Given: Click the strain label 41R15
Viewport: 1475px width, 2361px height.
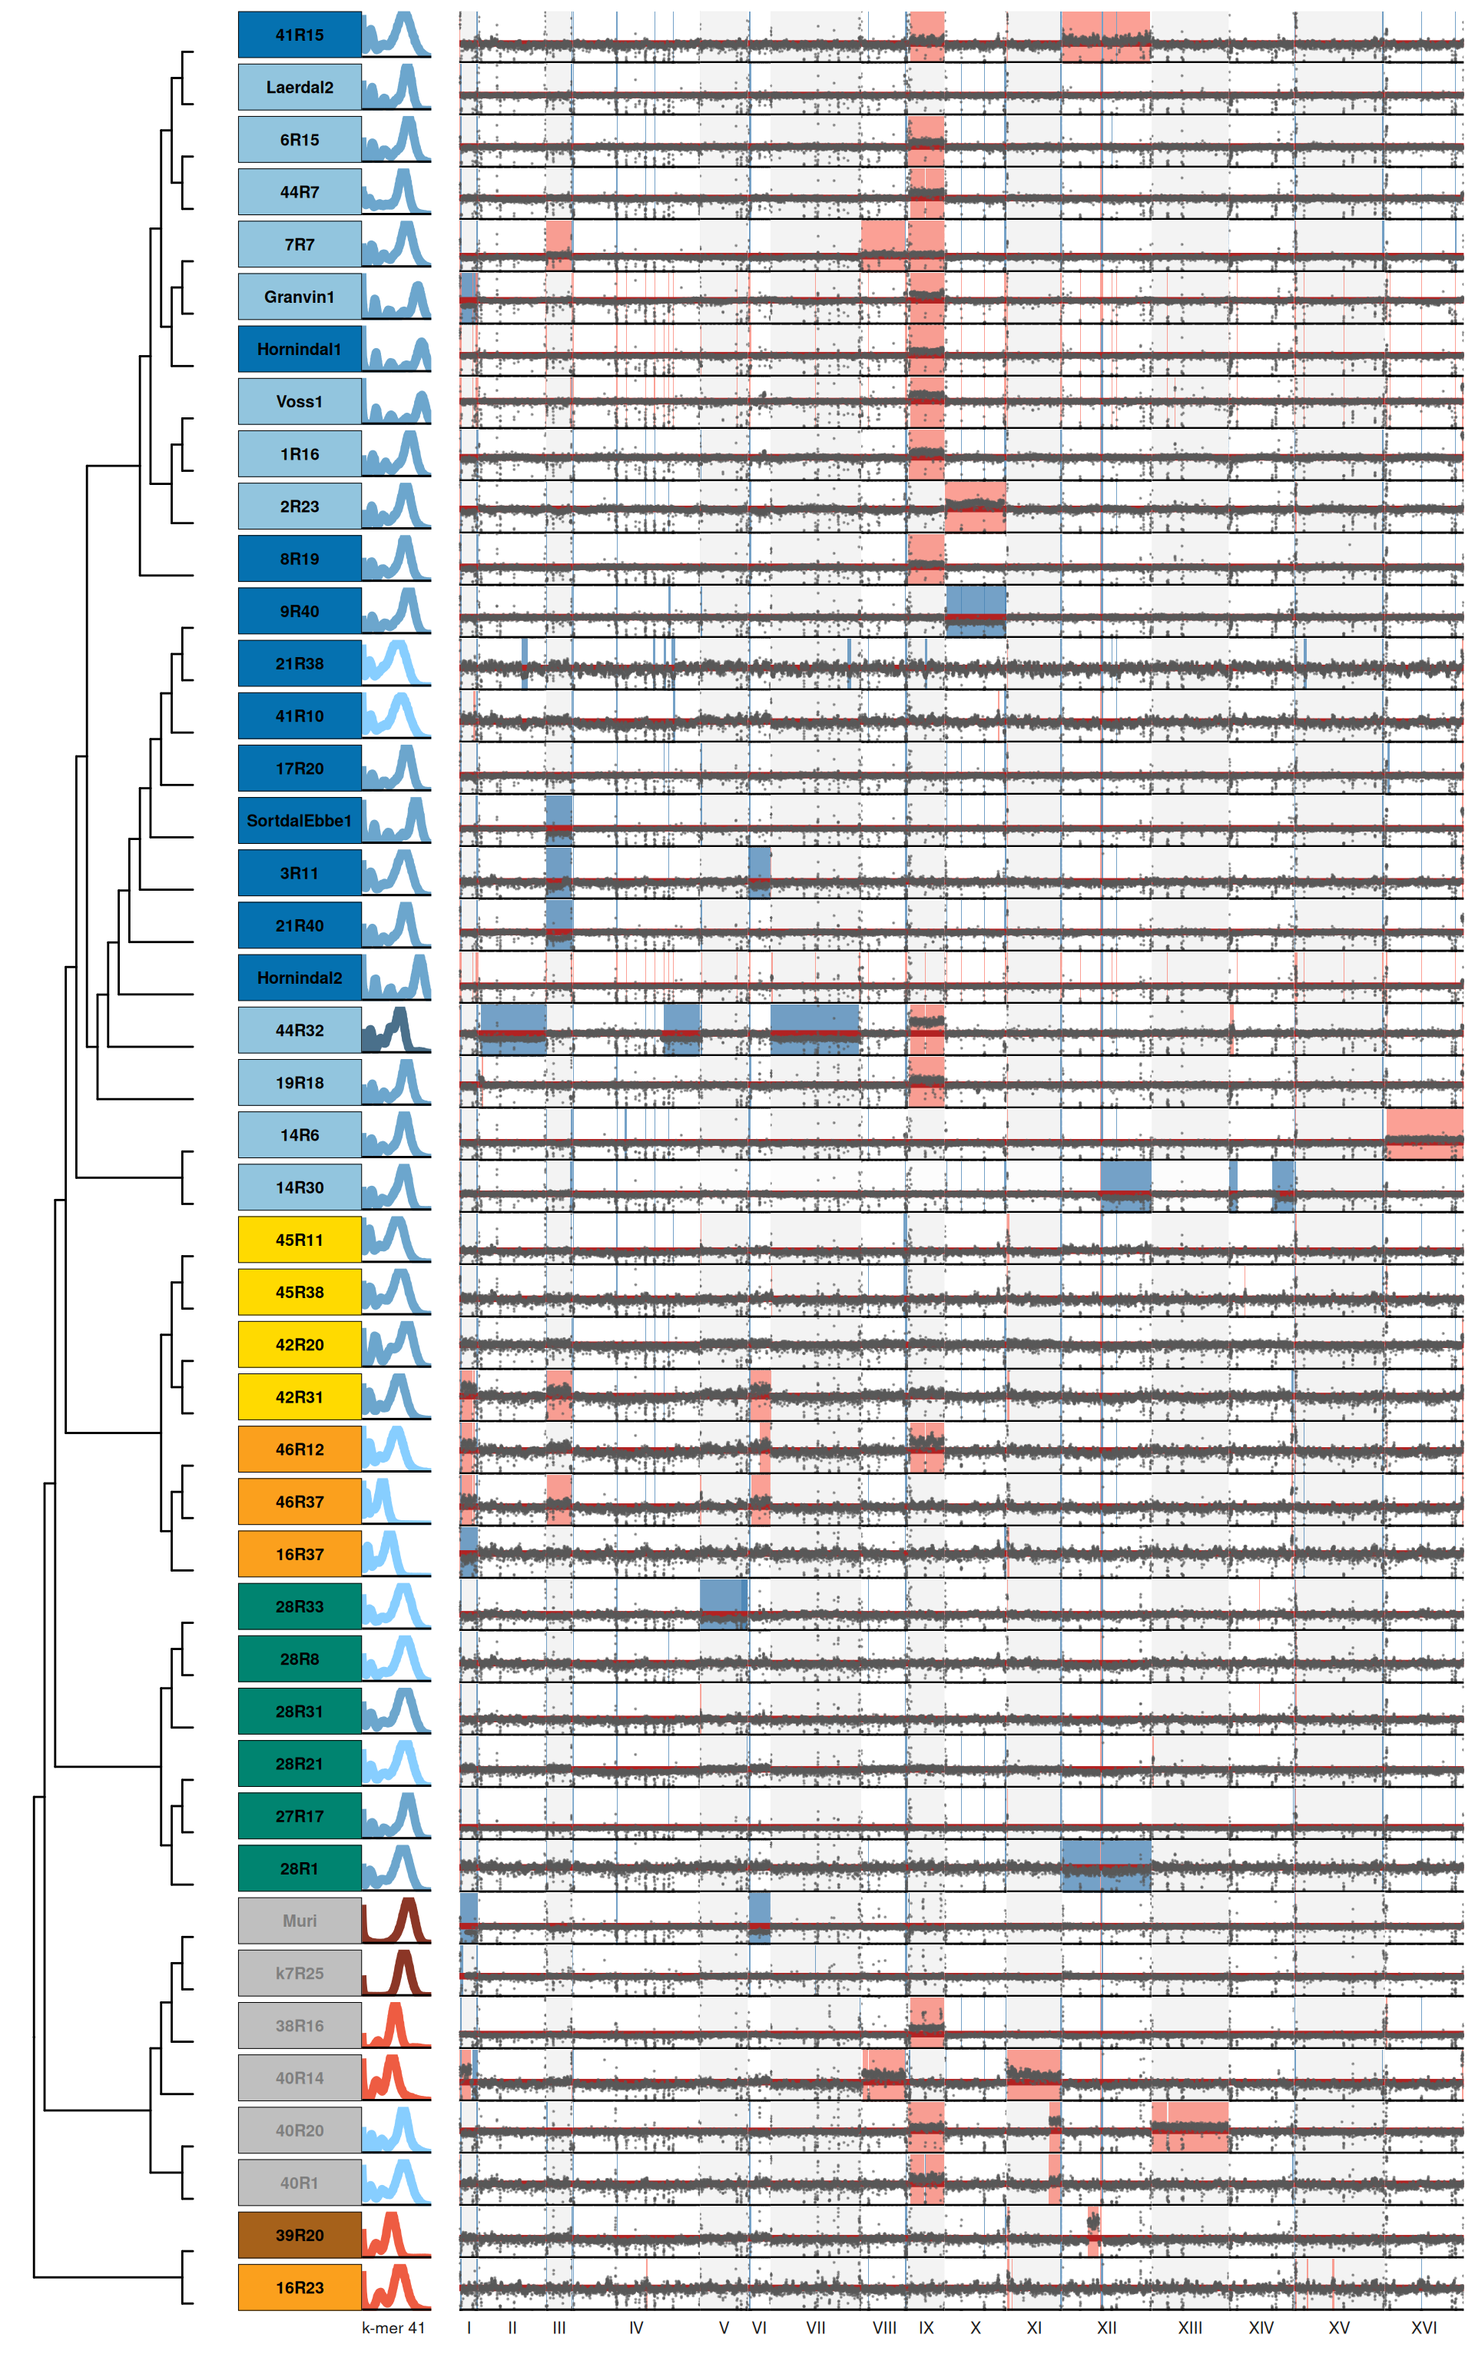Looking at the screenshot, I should pos(300,35).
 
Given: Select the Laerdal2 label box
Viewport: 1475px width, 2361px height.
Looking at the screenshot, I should pos(300,88).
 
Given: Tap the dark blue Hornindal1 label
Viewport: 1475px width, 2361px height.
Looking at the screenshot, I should pos(300,349).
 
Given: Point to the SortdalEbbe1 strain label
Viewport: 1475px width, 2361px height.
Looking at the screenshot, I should pos(300,821).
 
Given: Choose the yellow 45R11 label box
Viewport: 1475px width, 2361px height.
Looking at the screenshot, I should pos(300,1240).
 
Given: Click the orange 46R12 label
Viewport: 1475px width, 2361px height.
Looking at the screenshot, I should pos(300,1449).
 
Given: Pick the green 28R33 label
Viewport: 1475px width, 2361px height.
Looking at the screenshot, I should pos(300,1607).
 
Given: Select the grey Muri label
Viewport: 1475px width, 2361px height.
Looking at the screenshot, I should pos(300,1921).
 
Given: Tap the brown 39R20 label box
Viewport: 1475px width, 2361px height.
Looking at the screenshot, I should pos(300,2235).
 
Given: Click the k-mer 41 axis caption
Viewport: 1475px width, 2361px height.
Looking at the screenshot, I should pos(393,2328).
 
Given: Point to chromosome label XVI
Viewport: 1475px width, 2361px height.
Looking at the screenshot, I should pos(1424,2328).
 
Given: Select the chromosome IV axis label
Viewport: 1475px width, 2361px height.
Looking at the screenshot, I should pos(636,2328).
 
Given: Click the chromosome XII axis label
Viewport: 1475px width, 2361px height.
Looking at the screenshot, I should pos(1106,2328).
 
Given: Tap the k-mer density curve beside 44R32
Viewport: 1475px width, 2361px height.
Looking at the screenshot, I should pos(396,1031).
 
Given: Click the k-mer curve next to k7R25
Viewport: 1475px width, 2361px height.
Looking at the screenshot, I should pos(396,1974).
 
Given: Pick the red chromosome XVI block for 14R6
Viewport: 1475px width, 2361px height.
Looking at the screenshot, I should pos(1424,1134).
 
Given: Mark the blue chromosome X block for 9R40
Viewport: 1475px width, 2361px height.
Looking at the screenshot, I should pos(976,611).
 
